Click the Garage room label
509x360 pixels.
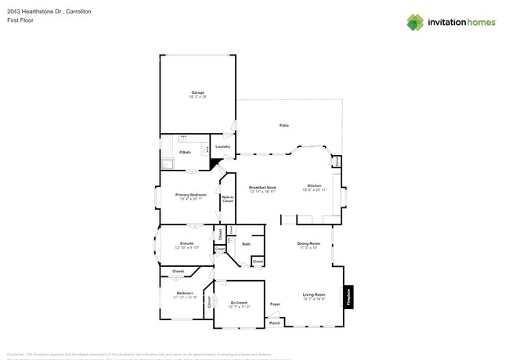[197, 92]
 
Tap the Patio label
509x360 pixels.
[284, 125]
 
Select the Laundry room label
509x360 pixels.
[222, 146]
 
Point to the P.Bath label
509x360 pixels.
[186, 152]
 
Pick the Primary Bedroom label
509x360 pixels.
[191, 194]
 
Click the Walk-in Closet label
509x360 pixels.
[228, 199]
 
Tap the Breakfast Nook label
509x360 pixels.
[262, 187]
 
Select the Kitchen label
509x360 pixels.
[314, 185]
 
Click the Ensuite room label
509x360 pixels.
[186, 243]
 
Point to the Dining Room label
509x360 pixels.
[309, 244]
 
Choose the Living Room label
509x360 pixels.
[314, 294]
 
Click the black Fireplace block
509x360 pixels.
[349, 297]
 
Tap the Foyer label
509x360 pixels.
[275, 304]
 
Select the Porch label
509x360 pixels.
[275, 322]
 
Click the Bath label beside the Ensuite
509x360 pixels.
[246, 244]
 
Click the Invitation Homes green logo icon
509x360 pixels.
[415, 22]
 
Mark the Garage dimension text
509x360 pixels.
[197, 97]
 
